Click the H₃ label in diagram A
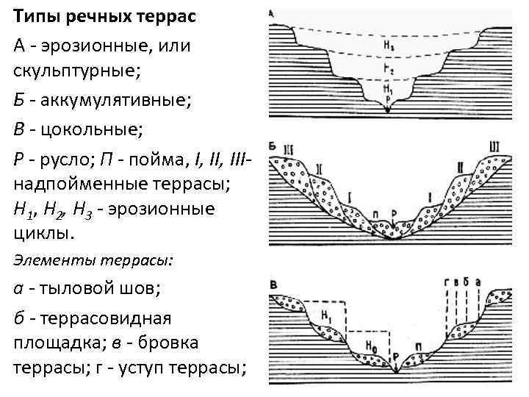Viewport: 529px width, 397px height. click(x=388, y=46)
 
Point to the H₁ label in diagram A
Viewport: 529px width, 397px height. click(x=388, y=90)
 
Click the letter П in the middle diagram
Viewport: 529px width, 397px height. click(x=375, y=214)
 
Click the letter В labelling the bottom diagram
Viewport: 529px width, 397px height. click(x=273, y=284)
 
